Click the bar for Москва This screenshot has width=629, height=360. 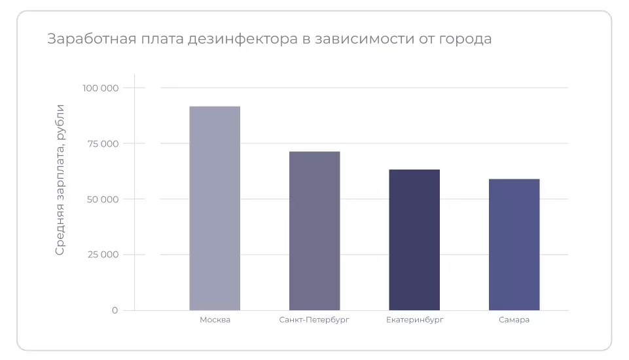point(215,208)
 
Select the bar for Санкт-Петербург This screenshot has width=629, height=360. point(314,230)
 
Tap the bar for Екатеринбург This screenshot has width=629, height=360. point(414,240)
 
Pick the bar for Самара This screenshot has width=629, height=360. point(514,244)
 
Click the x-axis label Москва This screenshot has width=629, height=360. point(215,320)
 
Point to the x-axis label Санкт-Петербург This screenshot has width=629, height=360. point(314,320)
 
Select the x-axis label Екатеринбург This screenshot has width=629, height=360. point(414,320)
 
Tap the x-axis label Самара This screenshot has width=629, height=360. point(514,320)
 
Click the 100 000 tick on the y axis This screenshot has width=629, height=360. point(100,88)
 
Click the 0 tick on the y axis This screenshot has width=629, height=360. point(115,310)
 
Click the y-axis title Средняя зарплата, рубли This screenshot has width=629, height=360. point(60,179)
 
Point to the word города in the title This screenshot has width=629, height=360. point(465,39)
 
